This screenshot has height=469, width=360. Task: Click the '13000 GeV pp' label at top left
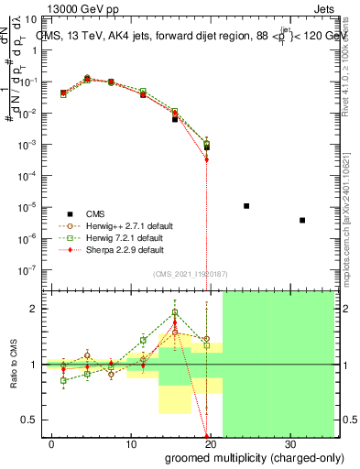tap(82, 7)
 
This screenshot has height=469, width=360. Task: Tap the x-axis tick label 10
tap(131, 442)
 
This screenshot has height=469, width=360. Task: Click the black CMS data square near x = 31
tap(302, 220)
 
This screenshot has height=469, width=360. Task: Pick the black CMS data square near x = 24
tap(246, 206)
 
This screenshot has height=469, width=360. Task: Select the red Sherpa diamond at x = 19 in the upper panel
tap(207, 159)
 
